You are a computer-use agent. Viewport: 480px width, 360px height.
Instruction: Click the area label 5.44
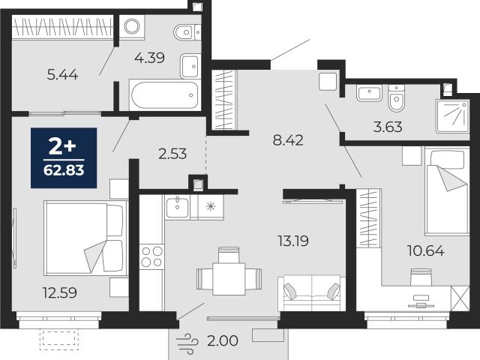62,75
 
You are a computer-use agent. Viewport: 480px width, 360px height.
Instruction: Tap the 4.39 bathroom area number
150,58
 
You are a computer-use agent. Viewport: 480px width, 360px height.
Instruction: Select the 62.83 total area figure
64,170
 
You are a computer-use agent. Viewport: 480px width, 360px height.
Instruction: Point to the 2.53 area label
172,154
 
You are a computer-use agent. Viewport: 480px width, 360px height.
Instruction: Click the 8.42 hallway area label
288,140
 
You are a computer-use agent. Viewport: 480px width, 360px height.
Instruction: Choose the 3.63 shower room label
388,127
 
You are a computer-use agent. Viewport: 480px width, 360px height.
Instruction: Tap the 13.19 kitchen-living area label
293,241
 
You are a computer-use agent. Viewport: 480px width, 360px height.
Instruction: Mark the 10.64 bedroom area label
426,251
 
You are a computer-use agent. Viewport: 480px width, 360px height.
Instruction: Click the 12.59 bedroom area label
60,293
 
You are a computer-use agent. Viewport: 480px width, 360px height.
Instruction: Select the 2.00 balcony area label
223,340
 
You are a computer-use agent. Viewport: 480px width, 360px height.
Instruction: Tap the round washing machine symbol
132,27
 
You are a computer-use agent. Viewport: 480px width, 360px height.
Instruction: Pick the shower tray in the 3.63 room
453,116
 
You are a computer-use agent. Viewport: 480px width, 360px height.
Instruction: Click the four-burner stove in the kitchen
151,256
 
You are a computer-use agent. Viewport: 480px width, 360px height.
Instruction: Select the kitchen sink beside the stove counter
177,207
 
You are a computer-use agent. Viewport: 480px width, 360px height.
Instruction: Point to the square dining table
229,279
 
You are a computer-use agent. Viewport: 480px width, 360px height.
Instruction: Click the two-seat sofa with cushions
312,293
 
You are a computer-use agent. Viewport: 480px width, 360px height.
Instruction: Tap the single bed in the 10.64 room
447,190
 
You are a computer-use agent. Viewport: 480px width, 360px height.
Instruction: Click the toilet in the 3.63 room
397,98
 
